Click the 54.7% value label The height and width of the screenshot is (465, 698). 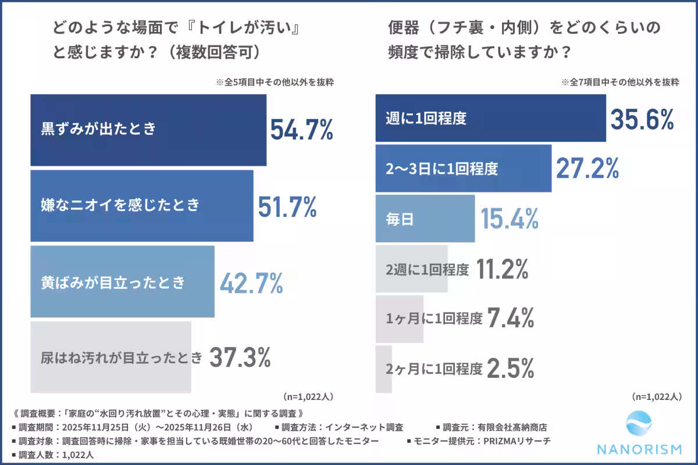pos(301,130)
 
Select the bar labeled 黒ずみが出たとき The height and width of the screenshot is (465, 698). pos(148,130)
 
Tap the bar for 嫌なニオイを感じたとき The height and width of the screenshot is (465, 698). pos(141,205)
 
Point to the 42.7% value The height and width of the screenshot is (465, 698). pos(251,282)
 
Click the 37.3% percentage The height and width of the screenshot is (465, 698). pos(240,357)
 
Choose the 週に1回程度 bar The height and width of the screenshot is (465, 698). pos(490,118)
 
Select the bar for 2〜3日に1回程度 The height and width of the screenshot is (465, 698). pos(463,169)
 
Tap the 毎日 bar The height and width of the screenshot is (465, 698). pos(425,219)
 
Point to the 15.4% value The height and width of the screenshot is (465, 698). pos(510,219)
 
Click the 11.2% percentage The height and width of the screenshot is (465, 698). pos(502,269)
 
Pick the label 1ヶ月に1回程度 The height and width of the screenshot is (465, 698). pos(435,319)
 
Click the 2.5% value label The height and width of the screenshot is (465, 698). pos(510,369)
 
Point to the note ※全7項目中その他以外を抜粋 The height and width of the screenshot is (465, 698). pos(620,83)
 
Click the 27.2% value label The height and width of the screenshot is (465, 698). pos(587,169)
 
